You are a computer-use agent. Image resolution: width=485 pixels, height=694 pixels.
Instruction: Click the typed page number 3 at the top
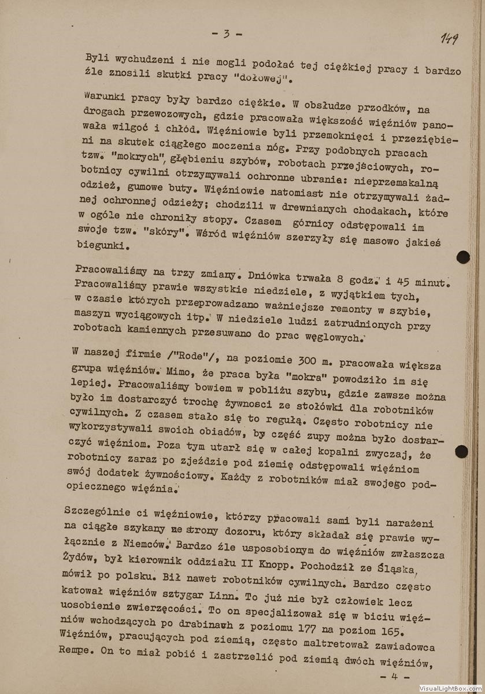coord(226,34)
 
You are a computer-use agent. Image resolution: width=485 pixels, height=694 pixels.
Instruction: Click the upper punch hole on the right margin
coord(462,257)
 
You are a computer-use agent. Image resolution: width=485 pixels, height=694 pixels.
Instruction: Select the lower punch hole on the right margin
coord(461,452)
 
